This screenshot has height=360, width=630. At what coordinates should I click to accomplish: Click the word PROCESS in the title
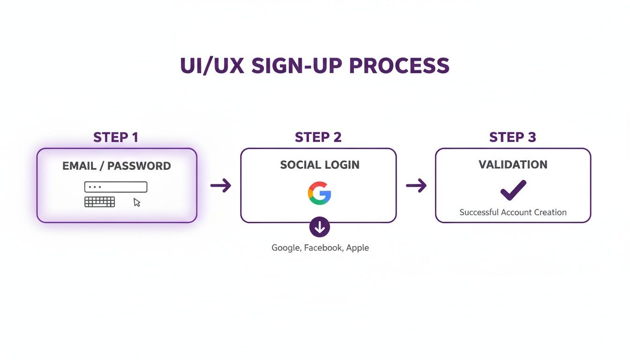(x=399, y=66)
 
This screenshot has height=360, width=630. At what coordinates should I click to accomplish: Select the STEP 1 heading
(x=116, y=137)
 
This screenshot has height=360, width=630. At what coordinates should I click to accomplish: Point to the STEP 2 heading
(x=318, y=137)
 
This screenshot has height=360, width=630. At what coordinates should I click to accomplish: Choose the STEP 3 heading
(x=513, y=137)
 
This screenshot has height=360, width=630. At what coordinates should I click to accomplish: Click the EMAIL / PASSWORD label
(x=117, y=166)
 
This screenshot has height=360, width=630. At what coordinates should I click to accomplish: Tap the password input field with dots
(x=116, y=187)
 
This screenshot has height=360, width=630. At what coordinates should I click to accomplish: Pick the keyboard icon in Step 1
(x=99, y=202)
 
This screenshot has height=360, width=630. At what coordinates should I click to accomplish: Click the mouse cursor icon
(x=137, y=202)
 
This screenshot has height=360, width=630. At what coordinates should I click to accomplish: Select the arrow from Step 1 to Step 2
(x=221, y=186)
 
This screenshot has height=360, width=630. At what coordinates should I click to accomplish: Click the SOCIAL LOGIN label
(x=320, y=165)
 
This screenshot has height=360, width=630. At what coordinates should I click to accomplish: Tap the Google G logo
(x=319, y=193)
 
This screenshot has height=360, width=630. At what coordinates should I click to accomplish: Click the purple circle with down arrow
(x=320, y=227)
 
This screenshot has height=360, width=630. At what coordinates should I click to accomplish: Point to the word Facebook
(x=323, y=247)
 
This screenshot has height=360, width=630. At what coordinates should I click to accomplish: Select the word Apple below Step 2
(x=358, y=247)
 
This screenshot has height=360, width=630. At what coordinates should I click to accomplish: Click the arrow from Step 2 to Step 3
(x=416, y=186)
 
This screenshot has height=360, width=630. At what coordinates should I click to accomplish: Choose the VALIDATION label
(x=513, y=165)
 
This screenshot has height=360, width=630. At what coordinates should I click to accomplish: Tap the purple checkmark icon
(x=513, y=190)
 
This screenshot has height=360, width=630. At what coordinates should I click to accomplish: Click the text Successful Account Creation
(x=513, y=212)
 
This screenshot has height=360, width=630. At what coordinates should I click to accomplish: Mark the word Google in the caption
(x=285, y=247)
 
